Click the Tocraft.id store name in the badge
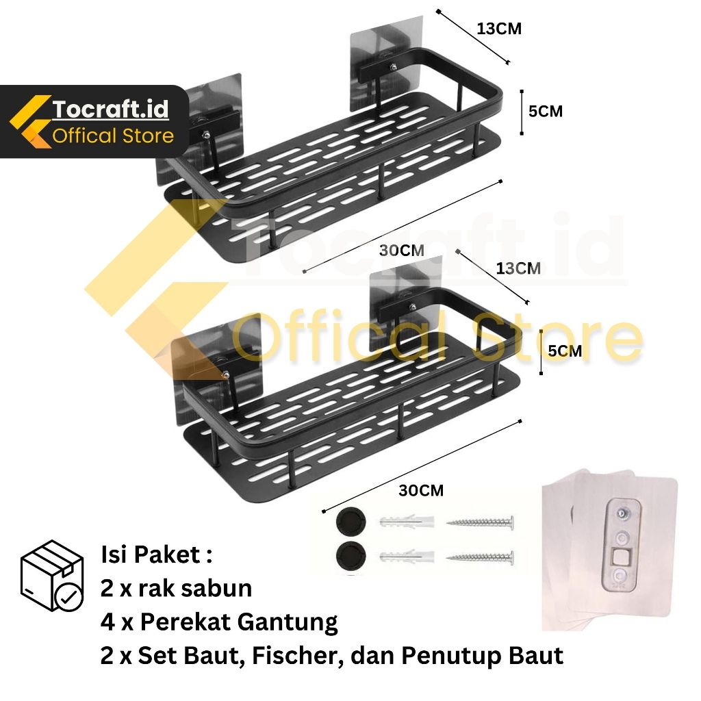click(110, 109)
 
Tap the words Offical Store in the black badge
click(113, 136)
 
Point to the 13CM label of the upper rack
click(499, 29)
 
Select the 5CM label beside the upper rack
click(546, 111)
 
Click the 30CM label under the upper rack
click(402, 251)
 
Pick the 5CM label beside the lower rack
click(565, 351)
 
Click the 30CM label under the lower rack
click(421, 490)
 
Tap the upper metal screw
click(480, 524)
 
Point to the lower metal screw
click(480, 555)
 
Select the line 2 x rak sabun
click(177, 588)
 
